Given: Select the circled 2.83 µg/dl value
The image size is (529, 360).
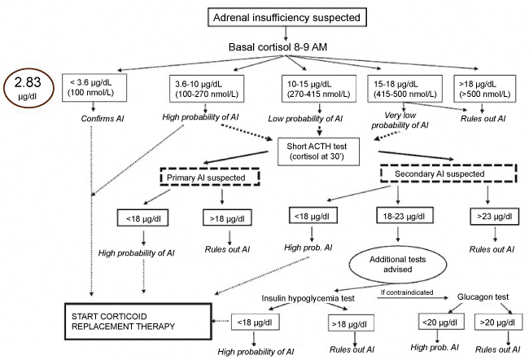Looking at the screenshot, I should point(28,86).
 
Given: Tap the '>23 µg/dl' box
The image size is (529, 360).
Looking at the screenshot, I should point(485,217).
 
